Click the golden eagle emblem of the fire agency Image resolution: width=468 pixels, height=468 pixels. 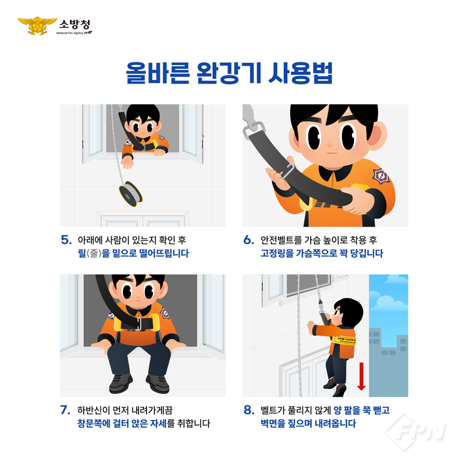pos(37,26)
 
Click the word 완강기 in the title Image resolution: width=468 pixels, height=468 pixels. pos(229,73)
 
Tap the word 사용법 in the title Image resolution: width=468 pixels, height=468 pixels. pos(300,73)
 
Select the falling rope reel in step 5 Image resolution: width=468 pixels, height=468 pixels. pos(130,193)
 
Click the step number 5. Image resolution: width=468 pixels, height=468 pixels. pos(66,240)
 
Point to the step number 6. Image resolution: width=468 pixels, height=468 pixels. pos(249,240)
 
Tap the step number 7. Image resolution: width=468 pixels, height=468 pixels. pos(66,410)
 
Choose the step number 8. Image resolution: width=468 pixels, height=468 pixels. pos(249,410)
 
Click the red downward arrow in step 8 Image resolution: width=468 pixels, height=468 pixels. pos(361,376)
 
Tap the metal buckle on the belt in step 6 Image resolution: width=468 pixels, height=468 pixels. pos(286,171)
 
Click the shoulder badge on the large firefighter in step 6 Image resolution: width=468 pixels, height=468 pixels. pos(381,176)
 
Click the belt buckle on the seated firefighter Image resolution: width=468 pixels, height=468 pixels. pos(139,323)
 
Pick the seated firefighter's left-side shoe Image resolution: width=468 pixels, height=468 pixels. pos(121,383)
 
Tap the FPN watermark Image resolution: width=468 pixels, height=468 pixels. pos(416,432)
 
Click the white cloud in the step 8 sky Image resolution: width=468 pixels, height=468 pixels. pos(388,301)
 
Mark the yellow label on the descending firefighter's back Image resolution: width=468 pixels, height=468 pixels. pos(344,340)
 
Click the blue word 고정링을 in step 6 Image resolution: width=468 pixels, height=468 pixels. pos(277,253)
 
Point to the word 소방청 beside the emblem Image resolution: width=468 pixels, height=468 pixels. pos(75,24)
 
